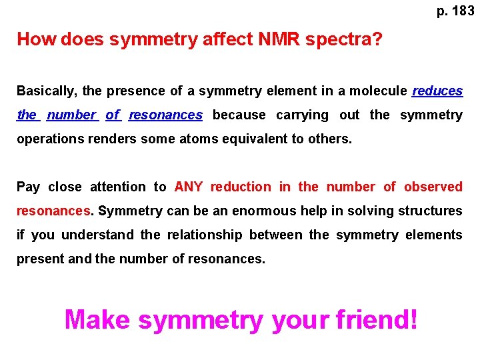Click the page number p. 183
point(455,11)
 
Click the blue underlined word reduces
point(437,91)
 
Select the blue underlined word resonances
point(165,115)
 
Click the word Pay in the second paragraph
point(28,187)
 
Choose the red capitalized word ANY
point(189,187)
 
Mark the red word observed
point(433,187)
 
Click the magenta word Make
point(97,320)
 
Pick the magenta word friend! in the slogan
point(377,320)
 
